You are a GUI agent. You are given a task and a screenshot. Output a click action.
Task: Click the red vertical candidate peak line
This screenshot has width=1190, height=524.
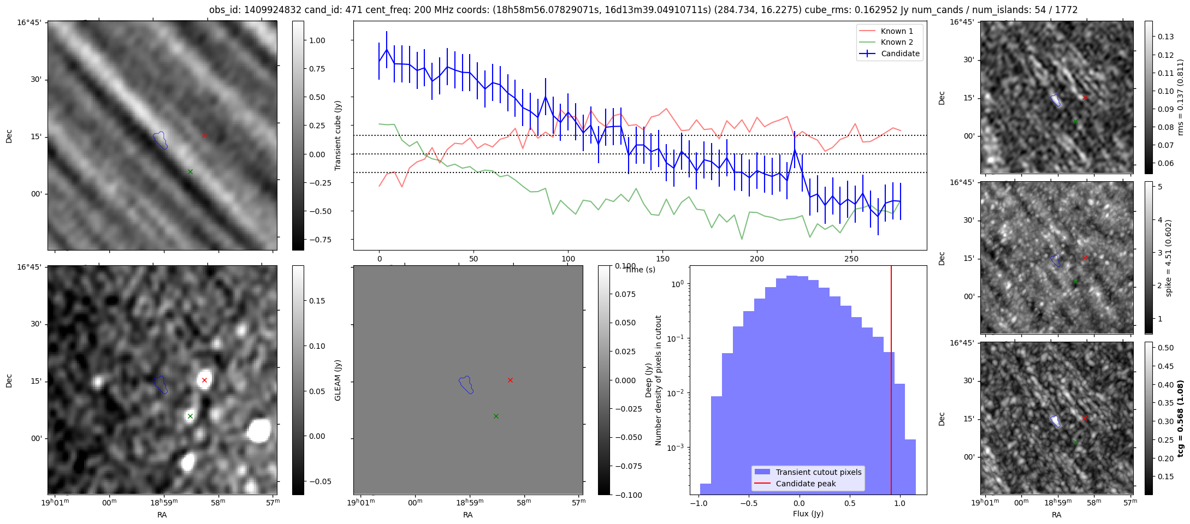pyautogui.click(x=891, y=382)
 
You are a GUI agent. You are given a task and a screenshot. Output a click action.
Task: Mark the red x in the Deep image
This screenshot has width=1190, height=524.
pyautogui.click(x=204, y=380)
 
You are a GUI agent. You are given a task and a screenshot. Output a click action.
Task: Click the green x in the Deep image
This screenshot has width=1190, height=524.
pyautogui.click(x=190, y=416)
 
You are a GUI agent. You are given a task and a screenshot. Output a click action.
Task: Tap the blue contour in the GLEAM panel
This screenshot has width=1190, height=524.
pyautogui.click(x=466, y=384)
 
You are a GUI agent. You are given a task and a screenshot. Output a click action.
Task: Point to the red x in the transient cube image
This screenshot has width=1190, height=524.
pyautogui.click(x=204, y=135)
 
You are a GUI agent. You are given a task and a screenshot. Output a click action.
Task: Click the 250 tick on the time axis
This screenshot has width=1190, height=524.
pyautogui.click(x=851, y=258)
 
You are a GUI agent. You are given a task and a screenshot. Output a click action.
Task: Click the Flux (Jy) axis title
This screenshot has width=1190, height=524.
pyautogui.click(x=808, y=514)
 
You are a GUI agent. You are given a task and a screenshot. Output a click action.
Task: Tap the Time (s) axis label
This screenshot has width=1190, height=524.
pyautogui.click(x=640, y=270)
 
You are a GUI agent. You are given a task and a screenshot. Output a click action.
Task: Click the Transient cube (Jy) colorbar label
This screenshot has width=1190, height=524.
pyautogui.click(x=338, y=135)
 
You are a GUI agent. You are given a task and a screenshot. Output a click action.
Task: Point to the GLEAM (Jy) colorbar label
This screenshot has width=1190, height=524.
pyautogui.click(x=338, y=380)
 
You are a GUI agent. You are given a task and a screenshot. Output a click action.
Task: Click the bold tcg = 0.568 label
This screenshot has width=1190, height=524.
pyautogui.click(x=1180, y=418)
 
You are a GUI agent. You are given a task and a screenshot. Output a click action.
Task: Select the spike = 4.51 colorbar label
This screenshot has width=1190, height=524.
pyautogui.click(x=1169, y=258)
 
